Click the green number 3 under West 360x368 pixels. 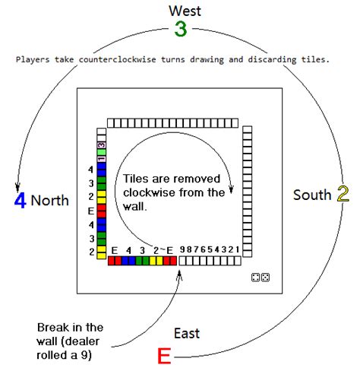click(180, 30)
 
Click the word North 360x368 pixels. click(51, 201)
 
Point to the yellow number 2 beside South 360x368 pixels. click(343, 195)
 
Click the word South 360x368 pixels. click(313, 195)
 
